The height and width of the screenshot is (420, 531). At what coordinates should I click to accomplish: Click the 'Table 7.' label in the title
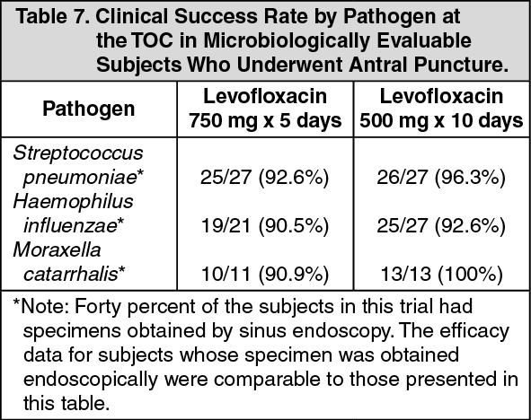(54, 16)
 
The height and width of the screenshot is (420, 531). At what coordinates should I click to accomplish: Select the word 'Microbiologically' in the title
(287, 41)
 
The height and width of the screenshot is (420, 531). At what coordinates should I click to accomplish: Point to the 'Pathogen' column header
(89, 109)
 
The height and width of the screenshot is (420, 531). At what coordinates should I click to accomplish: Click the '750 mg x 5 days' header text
(265, 121)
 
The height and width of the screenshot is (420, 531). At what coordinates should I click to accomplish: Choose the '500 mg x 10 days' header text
(441, 121)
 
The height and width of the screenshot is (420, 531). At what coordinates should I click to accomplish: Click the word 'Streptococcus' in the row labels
(78, 153)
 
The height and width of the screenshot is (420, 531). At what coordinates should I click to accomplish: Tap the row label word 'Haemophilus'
(73, 202)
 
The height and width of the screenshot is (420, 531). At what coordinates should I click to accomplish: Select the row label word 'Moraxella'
(57, 250)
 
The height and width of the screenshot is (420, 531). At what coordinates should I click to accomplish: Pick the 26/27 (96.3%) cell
(441, 177)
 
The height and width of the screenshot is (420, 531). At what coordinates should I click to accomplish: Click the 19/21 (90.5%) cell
(265, 226)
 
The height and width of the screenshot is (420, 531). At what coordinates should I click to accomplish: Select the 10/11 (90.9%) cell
(265, 275)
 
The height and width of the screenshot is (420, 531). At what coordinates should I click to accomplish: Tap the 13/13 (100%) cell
(441, 275)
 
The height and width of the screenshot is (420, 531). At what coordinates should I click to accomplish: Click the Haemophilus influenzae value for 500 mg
(441, 226)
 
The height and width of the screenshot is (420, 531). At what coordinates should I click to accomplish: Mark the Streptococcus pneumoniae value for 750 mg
(265, 177)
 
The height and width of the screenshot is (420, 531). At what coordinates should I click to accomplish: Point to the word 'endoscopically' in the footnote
(91, 381)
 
